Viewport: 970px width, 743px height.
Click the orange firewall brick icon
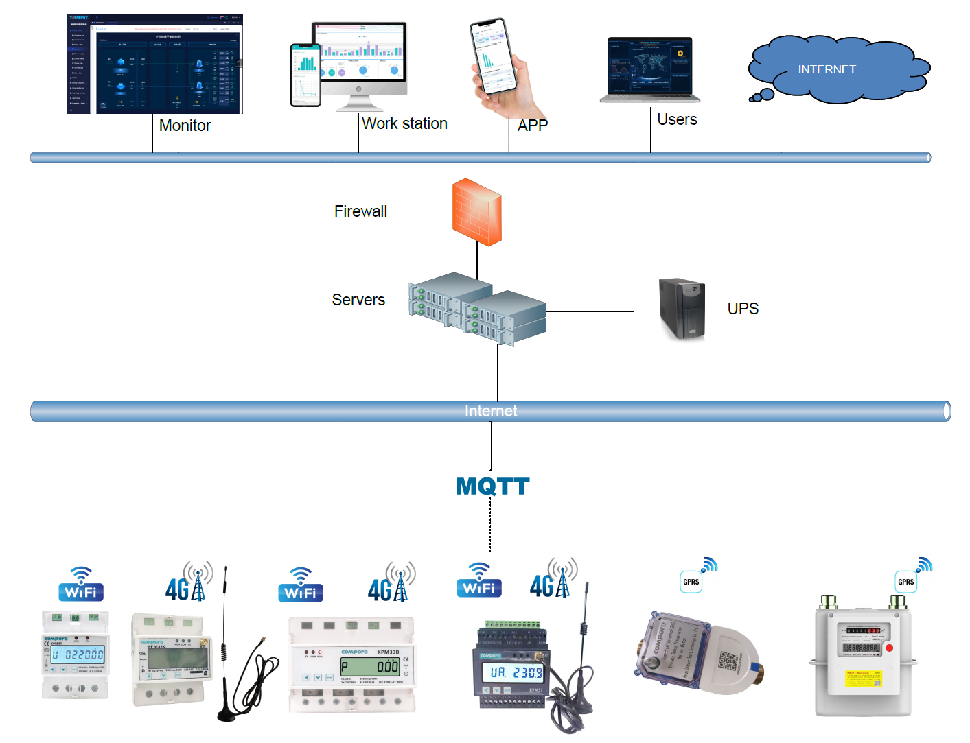point(476,211)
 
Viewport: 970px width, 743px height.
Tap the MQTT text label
point(492,486)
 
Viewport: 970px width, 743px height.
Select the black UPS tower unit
point(682,309)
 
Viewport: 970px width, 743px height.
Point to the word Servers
point(358,300)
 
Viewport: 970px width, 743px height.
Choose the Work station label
point(404,123)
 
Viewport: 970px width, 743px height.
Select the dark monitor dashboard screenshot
point(155,64)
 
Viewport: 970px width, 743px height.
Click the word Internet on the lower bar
point(491,411)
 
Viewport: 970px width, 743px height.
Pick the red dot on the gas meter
point(889,648)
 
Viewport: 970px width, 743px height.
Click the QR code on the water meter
point(728,661)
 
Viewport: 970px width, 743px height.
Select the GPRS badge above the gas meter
point(906,582)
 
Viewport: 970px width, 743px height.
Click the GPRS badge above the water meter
point(691,582)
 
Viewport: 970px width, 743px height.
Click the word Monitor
point(185,126)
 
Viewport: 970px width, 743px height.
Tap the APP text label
point(533,126)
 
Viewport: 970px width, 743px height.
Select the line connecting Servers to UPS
point(589,311)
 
